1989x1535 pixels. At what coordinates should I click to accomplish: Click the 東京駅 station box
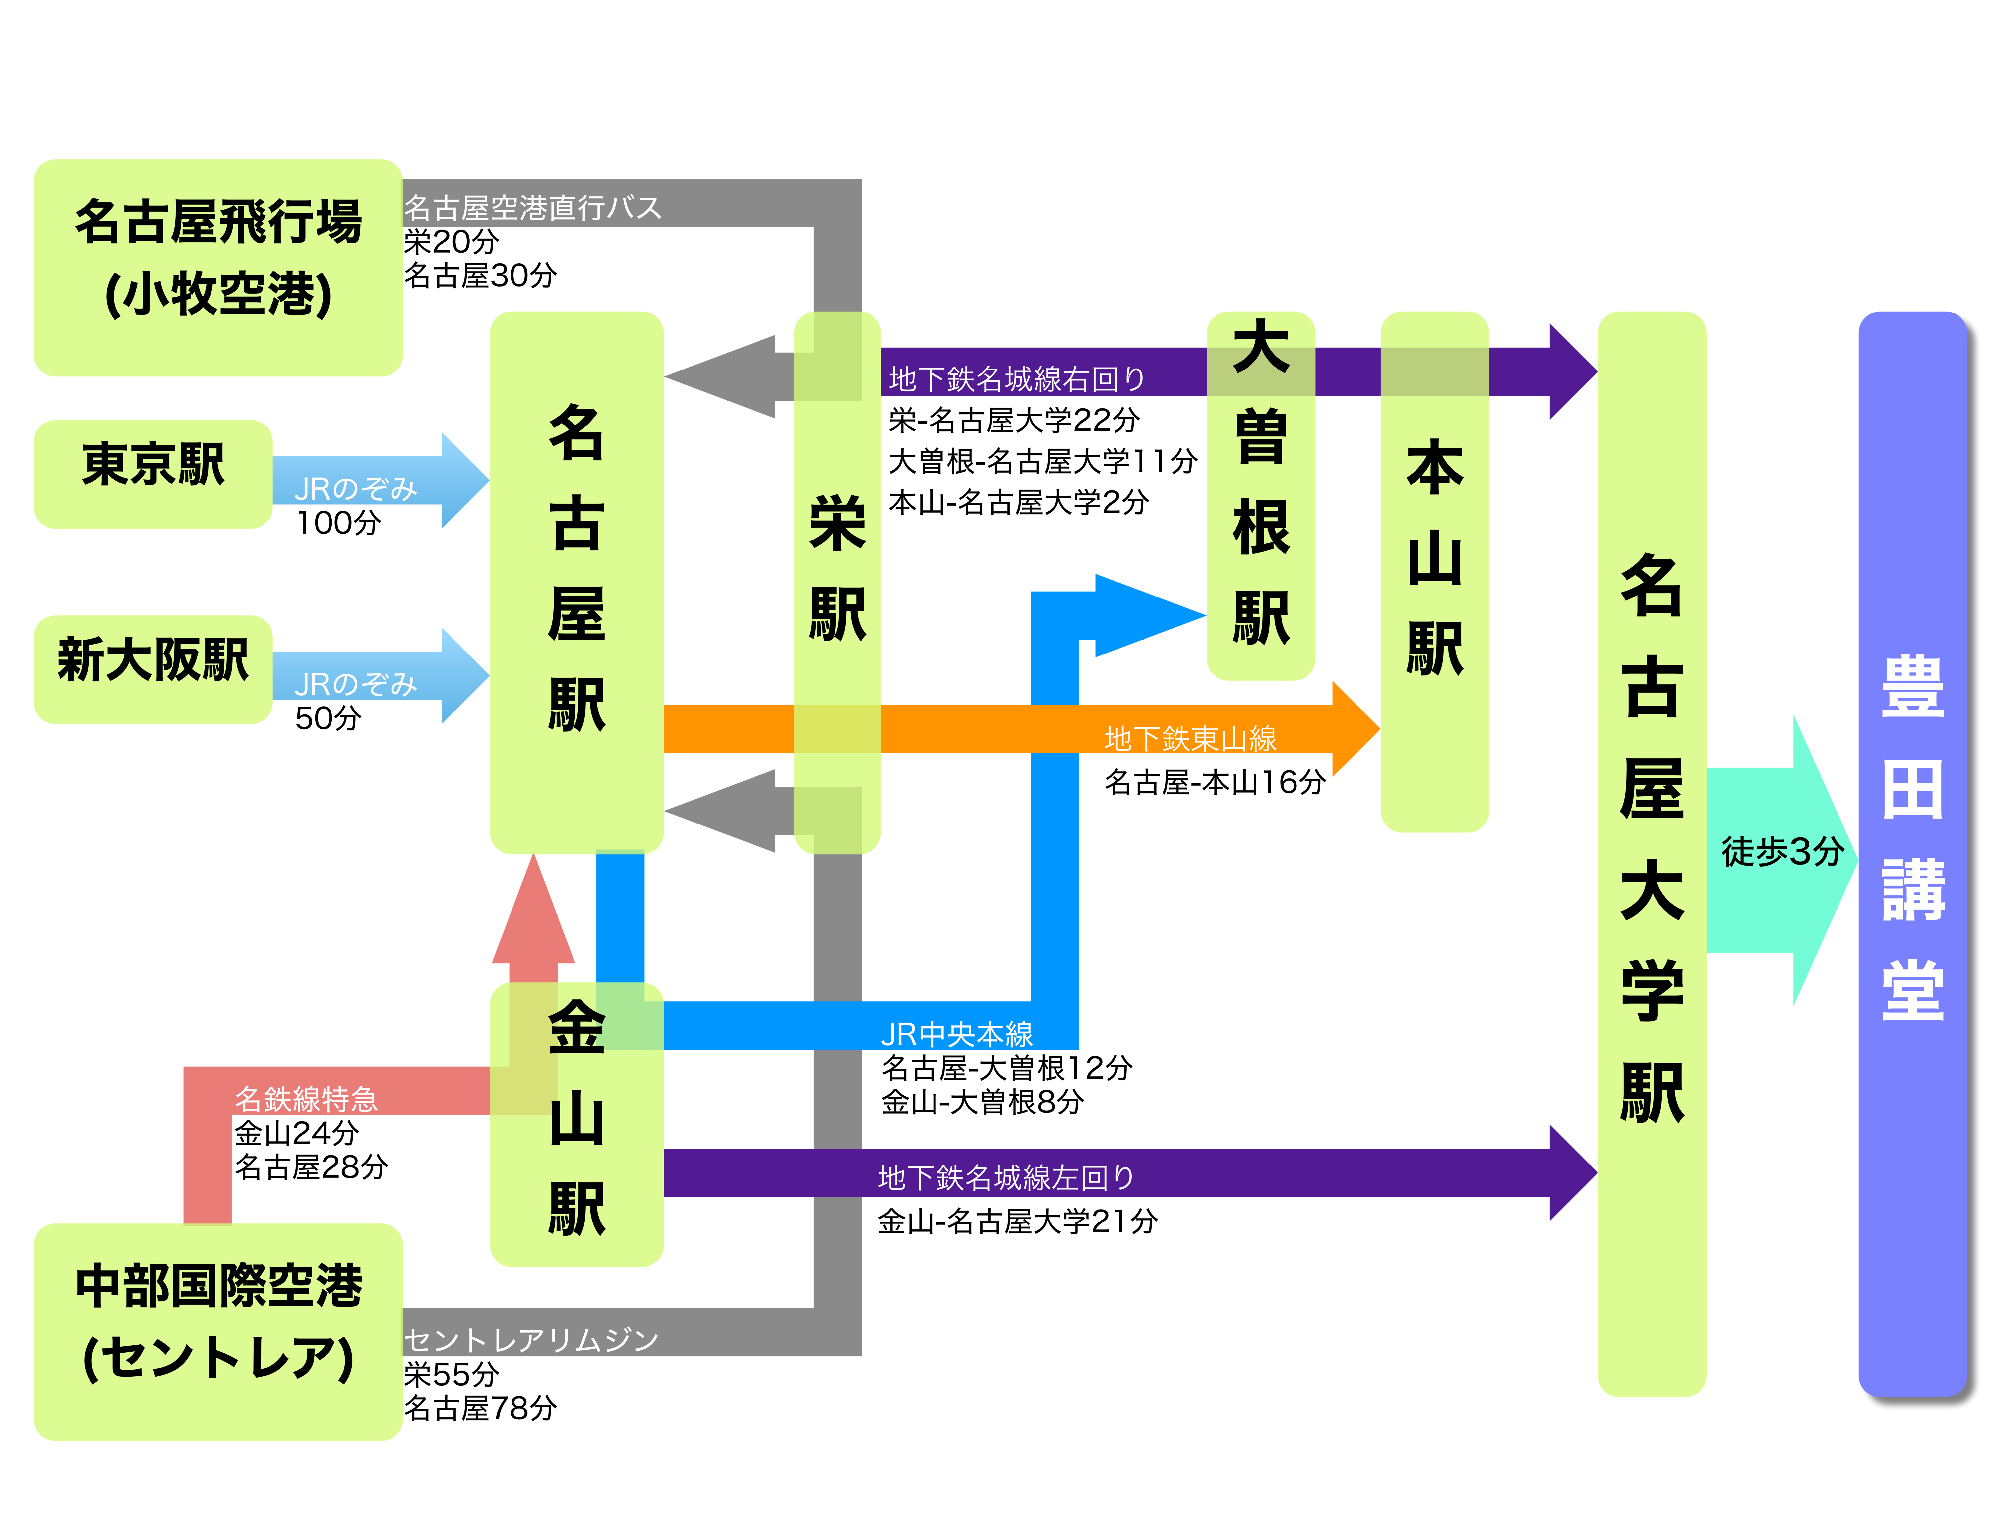(153, 474)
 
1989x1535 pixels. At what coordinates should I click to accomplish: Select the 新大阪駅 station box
(153, 669)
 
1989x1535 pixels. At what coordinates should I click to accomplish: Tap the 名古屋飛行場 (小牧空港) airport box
(218, 268)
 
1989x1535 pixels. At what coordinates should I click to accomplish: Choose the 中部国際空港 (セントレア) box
(218, 1331)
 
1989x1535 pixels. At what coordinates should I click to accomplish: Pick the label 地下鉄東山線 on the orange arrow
(1190, 738)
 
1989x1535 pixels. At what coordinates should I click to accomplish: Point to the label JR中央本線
(956, 1034)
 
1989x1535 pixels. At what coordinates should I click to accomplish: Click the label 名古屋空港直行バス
(533, 207)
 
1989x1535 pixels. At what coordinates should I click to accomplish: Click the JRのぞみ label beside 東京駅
(355, 489)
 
